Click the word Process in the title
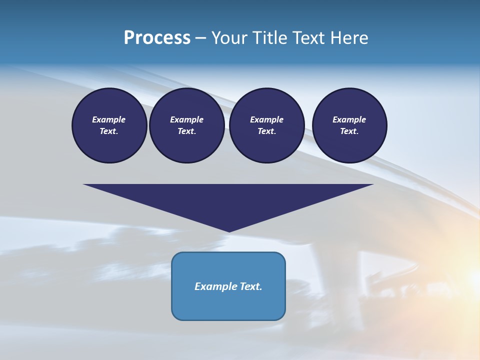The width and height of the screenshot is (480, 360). [157, 38]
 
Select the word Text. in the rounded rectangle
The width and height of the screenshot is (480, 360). [251, 286]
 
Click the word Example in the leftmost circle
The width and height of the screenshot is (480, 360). [109, 119]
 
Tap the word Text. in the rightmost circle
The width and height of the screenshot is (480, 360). [349, 131]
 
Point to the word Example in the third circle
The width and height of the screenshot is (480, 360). [266, 119]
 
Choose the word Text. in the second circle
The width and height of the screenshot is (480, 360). [187, 131]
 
